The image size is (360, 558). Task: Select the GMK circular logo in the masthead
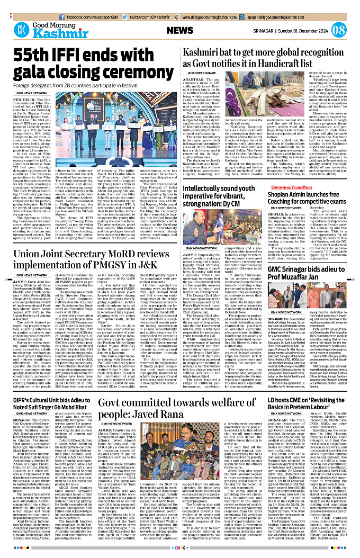21,30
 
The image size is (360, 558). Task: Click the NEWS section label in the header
181,31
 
